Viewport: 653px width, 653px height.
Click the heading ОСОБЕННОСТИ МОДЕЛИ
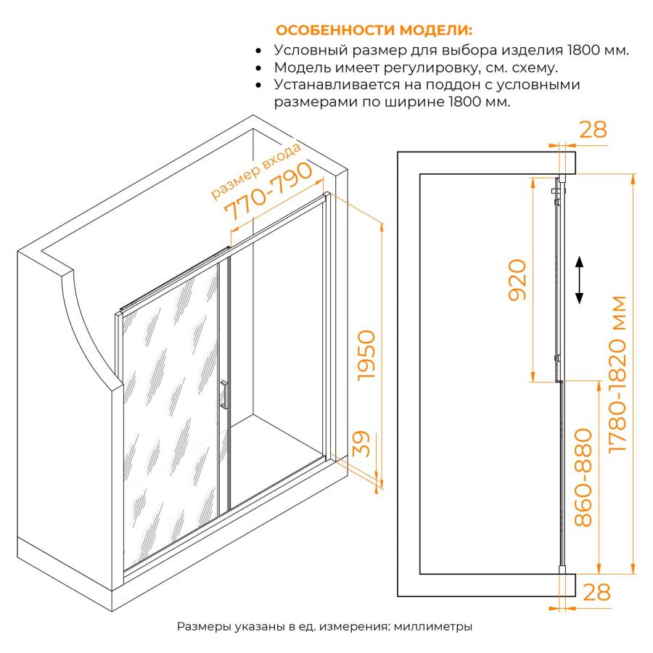click(x=374, y=30)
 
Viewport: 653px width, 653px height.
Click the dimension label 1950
click(x=367, y=355)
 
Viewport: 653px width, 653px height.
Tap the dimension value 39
click(x=361, y=443)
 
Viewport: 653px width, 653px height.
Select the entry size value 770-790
click(x=268, y=191)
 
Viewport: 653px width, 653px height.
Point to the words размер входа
click(x=255, y=171)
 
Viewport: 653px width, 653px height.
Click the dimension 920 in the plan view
click(x=517, y=279)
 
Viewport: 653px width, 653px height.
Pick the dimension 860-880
click(x=583, y=477)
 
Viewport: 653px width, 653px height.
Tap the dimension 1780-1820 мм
click(x=617, y=374)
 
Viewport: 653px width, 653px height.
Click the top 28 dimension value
click(x=593, y=130)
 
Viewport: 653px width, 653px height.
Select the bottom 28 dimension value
click(x=596, y=592)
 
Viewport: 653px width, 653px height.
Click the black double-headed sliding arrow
click(x=579, y=280)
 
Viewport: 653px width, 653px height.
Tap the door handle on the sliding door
click(x=223, y=395)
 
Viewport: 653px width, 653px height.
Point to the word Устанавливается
click(x=337, y=85)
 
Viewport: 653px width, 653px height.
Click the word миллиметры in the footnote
click(x=433, y=626)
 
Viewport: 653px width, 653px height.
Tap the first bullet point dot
click(x=258, y=51)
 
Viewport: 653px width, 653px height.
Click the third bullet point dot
click(x=258, y=86)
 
